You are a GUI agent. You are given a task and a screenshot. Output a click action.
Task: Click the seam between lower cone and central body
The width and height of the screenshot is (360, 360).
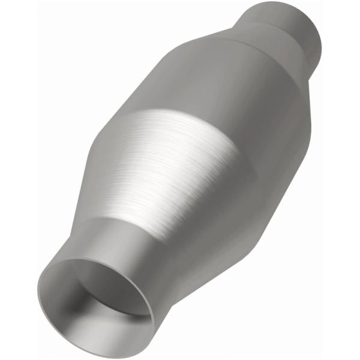(x=180, y=123)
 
